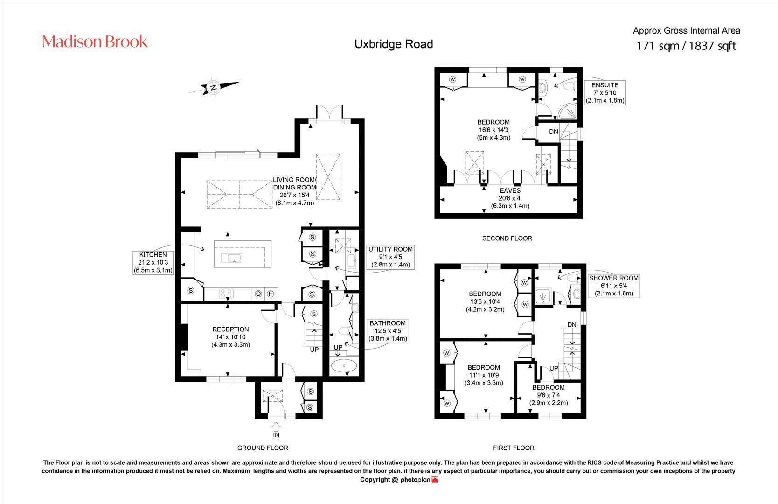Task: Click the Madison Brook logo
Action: pos(95,42)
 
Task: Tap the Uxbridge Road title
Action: pos(394,44)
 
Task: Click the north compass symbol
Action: pos(213,88)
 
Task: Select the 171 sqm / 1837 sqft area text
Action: pos(686,46)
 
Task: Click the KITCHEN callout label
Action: pos(153,262)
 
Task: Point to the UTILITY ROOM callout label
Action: pos(390,257)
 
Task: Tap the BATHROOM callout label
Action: pos(387,331)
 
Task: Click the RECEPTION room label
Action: pos(230,337)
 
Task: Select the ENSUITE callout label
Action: pos(605,92)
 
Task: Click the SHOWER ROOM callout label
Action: pos(614,286)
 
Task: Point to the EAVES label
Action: pos(510,198)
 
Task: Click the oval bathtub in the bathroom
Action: pos(344,366)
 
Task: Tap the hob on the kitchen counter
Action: pos(226,294)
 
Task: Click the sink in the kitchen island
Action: pos(231,258)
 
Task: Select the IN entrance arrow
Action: pos(276,427)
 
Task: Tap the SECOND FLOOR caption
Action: pos(507,238)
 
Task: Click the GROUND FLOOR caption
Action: pos(263,448)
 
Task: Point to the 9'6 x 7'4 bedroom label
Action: pos(549,395)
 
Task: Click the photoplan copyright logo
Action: pos(419,480)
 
